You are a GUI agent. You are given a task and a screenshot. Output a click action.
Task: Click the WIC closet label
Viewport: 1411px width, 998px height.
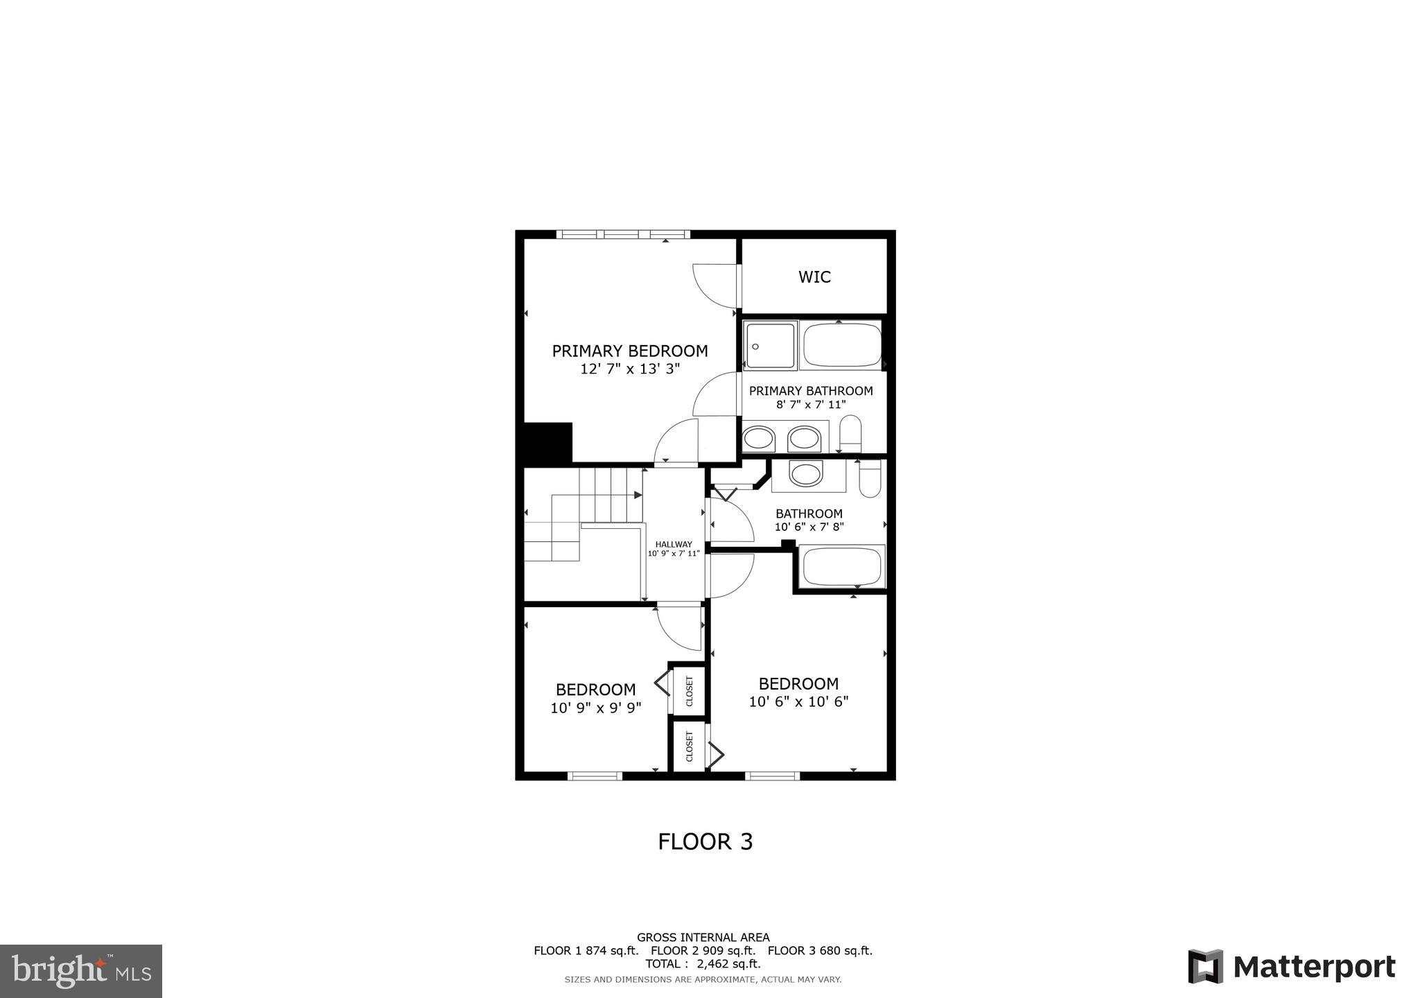click(x=814, y=277)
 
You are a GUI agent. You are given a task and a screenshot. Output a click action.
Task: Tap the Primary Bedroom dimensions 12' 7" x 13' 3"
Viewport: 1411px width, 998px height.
click(x=630, y=369)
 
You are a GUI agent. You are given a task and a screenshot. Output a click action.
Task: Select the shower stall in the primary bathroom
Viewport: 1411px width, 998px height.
click(x=769, y=346)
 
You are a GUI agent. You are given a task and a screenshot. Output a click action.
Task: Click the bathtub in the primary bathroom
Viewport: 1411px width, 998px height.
click(x=841, y=346)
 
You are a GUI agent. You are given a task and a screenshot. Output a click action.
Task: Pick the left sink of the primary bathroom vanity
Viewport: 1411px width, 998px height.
click(x=759, y=439)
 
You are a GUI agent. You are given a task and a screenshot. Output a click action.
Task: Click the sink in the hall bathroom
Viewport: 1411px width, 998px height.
click(x=806, y=475)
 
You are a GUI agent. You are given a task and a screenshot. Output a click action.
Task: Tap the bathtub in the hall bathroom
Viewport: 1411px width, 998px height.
click(x=842, y=567)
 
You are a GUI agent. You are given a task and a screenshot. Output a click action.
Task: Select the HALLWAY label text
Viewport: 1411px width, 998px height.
click(x=674, y=544)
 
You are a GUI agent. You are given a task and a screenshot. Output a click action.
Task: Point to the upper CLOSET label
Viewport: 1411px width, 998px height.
click(x=690, y=691)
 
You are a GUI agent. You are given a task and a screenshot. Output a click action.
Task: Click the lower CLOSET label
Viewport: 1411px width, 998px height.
click(x=690, y=746)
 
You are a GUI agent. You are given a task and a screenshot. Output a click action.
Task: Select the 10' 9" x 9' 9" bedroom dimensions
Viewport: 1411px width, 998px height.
click(x=596, y=708)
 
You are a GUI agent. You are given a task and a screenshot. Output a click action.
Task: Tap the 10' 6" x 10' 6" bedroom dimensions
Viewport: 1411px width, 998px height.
click(x=798, y=701)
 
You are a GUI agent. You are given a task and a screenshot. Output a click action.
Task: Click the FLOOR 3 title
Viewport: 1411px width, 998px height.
click(x=705, y=841)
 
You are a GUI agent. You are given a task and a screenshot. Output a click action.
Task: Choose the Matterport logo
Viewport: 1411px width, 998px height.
click(x=1291, y=967)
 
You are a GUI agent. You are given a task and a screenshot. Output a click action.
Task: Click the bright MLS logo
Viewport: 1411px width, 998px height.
click(x=81, y=971)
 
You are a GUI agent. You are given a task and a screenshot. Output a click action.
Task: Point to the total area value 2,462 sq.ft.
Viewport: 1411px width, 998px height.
click(x=728, y=963)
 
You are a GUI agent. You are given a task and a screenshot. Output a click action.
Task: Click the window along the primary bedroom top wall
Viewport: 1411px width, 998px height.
click(x=622, y=234)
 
